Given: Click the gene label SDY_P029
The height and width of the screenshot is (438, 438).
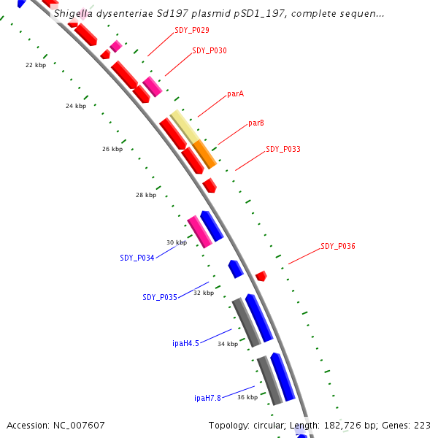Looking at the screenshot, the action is pos(192,30).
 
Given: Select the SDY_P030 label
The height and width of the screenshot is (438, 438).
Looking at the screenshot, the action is pos(210,51).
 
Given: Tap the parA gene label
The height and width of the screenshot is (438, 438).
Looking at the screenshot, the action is pos(235,93).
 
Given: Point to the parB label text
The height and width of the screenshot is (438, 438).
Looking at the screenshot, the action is pos(256,123).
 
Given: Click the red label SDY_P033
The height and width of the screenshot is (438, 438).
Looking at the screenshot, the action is pos(283,149).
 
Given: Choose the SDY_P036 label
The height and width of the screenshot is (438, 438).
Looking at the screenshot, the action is pos(338,247).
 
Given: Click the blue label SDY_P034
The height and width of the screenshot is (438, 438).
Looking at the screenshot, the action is pos(137,258).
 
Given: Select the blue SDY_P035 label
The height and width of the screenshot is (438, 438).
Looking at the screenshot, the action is pos(160,297).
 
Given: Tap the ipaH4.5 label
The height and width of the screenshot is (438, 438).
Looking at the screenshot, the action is pos(185,343).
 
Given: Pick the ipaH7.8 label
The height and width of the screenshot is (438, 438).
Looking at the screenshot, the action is pos(207,398).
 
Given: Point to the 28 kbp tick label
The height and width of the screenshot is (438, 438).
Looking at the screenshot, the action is pos(146,195).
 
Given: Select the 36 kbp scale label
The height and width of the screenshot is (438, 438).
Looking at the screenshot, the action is pos(247,397).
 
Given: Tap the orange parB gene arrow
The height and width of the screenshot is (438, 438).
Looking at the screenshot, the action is pos(205,154).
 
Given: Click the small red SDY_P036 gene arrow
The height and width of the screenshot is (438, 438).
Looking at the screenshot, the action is pos(261,276).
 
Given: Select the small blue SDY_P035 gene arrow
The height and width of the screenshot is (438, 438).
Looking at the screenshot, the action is pos(235,269).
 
